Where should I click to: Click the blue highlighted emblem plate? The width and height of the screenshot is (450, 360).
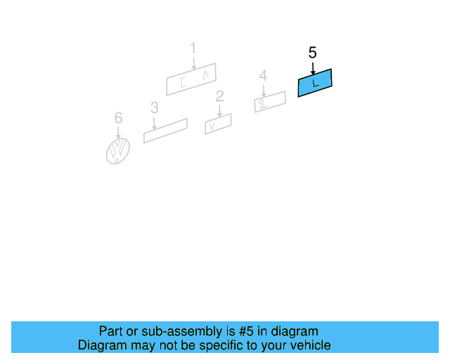click(x=315, y=83)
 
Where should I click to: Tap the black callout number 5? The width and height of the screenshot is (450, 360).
click(x=312, y=53)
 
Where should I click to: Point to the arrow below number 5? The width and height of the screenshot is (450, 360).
click(x=313, y=69)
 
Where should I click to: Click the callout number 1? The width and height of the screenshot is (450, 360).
click(x=193, y=48)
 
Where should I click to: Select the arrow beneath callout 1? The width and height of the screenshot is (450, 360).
click(x=194, y=63)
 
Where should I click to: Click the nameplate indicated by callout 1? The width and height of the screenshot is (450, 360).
click(x=191, y=79)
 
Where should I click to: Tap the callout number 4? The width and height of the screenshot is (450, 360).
click(x=263, y=75)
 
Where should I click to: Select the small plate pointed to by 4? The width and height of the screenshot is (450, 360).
click(x=270, y=102)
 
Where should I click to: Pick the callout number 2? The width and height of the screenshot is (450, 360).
click(x=219, y=96)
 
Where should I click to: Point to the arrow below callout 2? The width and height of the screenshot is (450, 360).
click(x=220, y=111)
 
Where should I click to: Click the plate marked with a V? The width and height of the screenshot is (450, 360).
click(x=218, y=124)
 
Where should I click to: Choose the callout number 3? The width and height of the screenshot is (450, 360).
click(x=155, y=108)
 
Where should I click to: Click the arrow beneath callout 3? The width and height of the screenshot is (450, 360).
click(x=155, y=124)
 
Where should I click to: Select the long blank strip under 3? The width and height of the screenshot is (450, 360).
click(x=166, y=131)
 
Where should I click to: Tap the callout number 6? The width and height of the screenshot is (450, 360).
click(x=118, y=117)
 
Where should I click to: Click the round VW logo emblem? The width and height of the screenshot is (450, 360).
click(x=118, y=151)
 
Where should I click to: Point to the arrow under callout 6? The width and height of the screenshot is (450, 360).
click(x=118, y=133)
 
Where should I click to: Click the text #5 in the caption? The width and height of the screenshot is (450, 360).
click(x=246, y=331)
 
